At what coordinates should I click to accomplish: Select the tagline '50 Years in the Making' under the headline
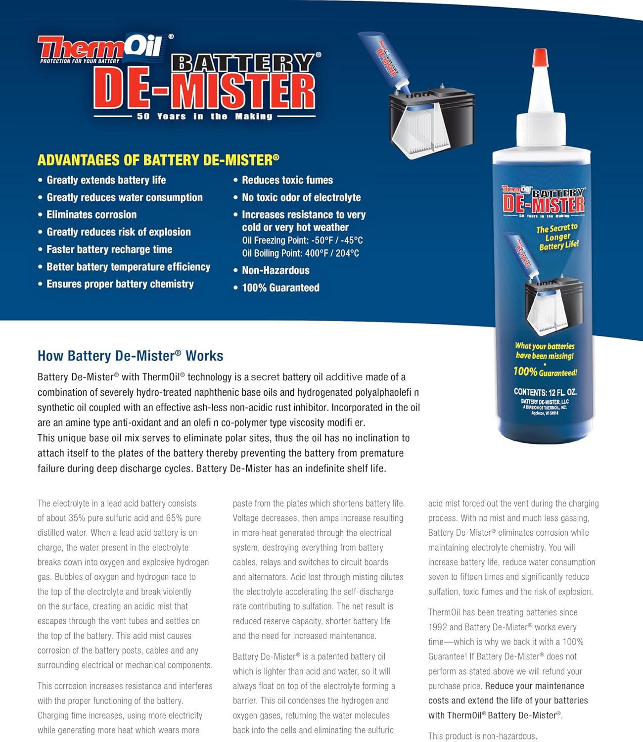pos(205,116)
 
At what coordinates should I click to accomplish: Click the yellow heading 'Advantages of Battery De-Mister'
pos(158,160)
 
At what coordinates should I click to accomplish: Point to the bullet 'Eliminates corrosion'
pos(92,215)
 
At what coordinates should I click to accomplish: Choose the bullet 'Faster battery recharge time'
pos(109,249)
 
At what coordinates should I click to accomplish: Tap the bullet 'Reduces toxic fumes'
pos(287,180)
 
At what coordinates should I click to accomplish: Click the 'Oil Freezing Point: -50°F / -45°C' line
pos(302,240)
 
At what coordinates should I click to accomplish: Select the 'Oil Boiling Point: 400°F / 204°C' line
pos(301,253)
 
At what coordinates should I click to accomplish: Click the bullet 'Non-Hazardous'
pos(276,270)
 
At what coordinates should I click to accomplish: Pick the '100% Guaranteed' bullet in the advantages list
pos(280,287)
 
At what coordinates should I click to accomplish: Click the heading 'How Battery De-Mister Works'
pos(130,356)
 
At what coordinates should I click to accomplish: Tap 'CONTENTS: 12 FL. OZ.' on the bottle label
pos(545,392)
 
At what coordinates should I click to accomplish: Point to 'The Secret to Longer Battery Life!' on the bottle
pos(558,236)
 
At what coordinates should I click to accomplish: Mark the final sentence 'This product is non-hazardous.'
pos(483,736)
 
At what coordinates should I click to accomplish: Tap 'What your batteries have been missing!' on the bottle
pos(545,351)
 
